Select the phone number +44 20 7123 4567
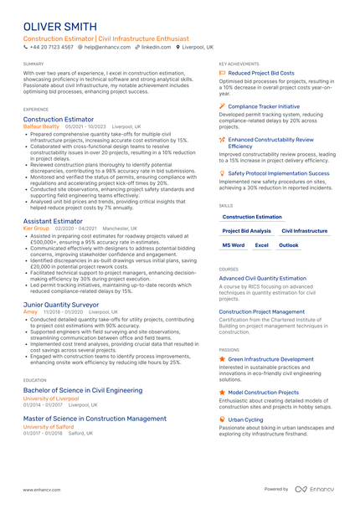coord(52,48)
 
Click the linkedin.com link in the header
coord(157,48)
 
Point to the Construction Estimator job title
coord(59,120)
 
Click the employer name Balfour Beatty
coord(41,126)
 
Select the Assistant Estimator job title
coord(54,221)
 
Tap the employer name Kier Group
coord(36,228)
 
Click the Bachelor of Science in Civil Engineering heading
coord(83,390)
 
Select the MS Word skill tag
coord(234,245)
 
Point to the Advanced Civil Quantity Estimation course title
coord(263,278)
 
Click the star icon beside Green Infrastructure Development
coord(222,358)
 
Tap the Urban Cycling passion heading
coord(245,419)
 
